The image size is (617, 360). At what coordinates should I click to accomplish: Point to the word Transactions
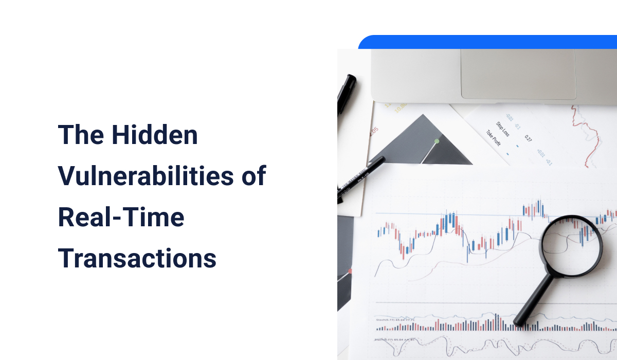coord(137,258)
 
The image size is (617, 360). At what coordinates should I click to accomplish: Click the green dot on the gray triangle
coord(437,141)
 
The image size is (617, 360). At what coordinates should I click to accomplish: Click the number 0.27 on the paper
coord(528,138)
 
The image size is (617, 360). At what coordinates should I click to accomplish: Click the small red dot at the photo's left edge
coord(350,271)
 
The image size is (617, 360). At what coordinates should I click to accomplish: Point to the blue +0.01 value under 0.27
coord(540,153)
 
